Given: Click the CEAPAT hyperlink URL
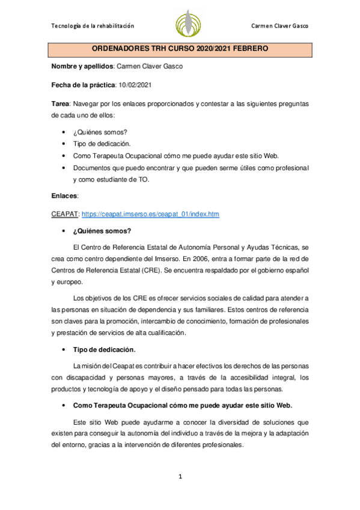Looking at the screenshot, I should (x=150, y=214).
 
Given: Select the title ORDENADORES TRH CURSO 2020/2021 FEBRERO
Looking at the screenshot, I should (x=180, y=48).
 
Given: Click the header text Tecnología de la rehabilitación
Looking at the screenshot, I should (x=93, y=26).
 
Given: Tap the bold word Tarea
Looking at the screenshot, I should (x=61, y=103).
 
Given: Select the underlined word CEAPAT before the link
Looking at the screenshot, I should (x=65, y=214).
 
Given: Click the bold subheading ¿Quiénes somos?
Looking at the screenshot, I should (x=102, y=230).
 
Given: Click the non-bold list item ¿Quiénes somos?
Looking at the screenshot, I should (x=96, y=132).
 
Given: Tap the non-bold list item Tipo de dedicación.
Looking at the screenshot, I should (x=97, y=144).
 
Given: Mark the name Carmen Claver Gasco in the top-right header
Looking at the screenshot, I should (x=282, y=26).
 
